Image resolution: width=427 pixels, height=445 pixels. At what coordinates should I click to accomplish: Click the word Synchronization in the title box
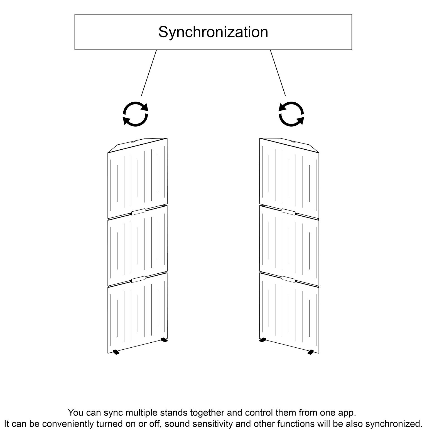tap(213, 32)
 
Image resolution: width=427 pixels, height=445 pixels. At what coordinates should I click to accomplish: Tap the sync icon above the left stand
tap(136, 114)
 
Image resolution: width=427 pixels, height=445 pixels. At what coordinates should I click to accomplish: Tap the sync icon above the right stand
tap(291, 114)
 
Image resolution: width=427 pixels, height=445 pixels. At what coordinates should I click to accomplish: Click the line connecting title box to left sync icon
tap(149, 73)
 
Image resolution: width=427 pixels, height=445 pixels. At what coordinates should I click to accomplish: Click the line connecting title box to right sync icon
tap(278, 73)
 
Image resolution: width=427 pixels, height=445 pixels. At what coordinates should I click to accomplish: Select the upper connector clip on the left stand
tap(138, 212)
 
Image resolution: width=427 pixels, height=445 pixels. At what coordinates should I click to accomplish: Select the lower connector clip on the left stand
tap(138, 279)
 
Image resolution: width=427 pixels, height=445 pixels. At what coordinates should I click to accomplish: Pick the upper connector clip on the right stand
tap(288, 212)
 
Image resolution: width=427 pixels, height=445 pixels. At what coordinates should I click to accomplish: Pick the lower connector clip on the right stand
tap(288, 279)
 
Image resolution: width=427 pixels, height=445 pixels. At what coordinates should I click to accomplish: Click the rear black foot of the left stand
tap(164, 340)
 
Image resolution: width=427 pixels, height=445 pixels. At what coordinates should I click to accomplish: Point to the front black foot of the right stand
tap(311, 352)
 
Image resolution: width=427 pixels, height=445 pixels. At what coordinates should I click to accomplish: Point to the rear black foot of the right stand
tap(262, 340)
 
